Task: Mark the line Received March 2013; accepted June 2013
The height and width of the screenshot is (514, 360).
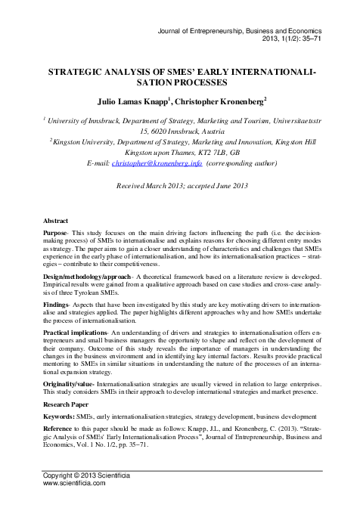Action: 179,185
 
